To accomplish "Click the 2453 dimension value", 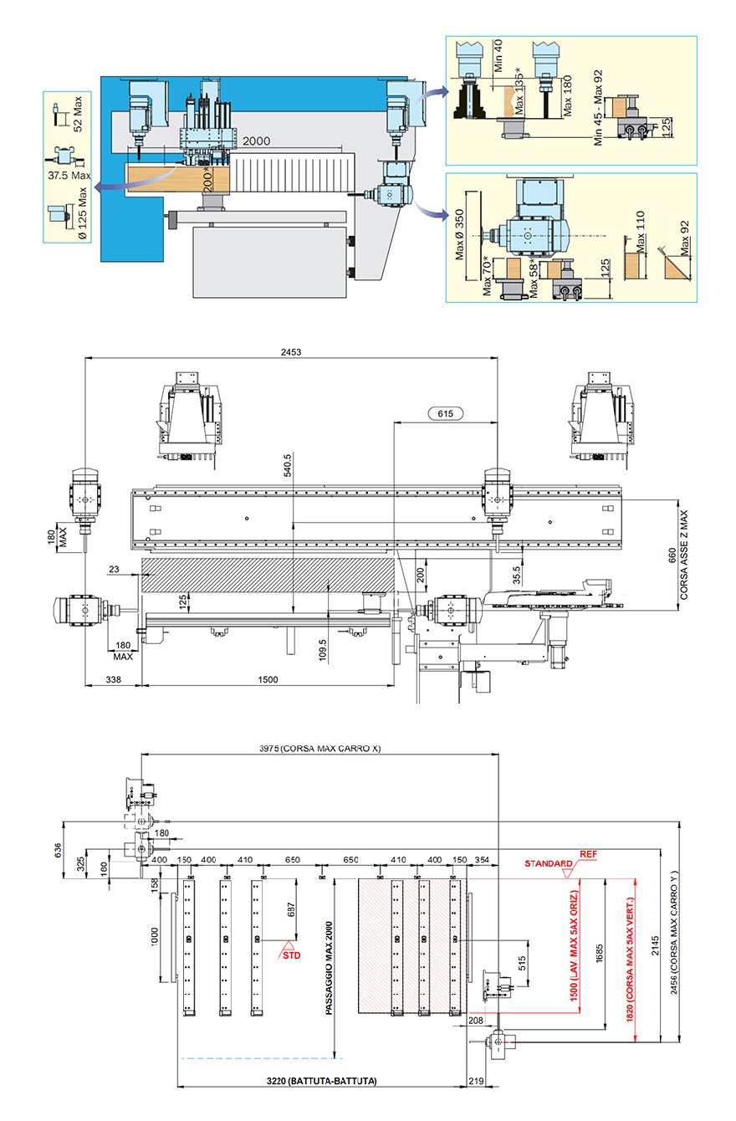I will click(x=291, y=352).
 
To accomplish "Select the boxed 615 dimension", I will click(x=444, y=413).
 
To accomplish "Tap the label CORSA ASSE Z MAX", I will click(x=683, y=555).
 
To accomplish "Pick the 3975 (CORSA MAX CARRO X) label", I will click(x=320, y=748).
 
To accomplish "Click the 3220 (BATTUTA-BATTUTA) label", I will click(x=322, y=1081).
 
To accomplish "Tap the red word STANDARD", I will click(x=548, y=863).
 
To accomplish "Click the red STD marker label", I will click(x=291, y=955).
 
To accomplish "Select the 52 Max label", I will click(x=78, y=114).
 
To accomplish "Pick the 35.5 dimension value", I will click(x=516, y=574).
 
